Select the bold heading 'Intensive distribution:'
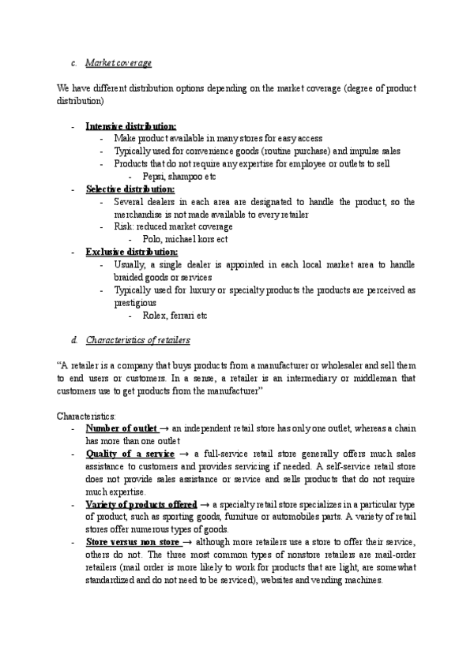click(130, 125)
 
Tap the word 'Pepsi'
click(155, 177)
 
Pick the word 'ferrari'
click(185, 316)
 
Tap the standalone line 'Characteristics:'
click(86, 416)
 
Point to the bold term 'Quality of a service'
click(130, 454)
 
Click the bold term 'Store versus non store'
click(133, 543)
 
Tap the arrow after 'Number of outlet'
click(164, 428)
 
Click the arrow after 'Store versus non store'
click(187, 543)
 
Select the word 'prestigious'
click(135, 303)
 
